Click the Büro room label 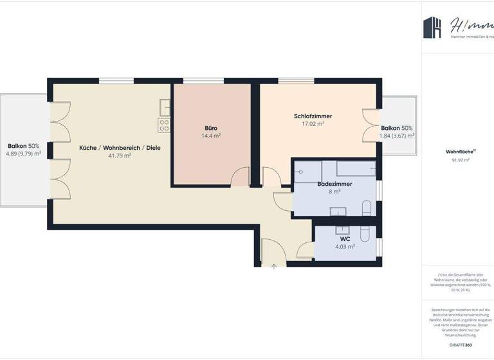[x=211, y=128]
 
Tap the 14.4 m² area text [x=211, y=136]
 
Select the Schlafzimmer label [x=313, y=116]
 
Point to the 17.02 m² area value [x=313, y=124]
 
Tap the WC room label [x=345, y=239]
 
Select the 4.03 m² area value [x=345, y=246]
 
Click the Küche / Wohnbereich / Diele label [x=120, y=148]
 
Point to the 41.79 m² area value [x=120, y=156]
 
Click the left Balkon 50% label [x=23, y=146]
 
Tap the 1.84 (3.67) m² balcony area [x=397, y=136]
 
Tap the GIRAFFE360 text [x=461, y=345]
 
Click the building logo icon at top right [x=432, y=28]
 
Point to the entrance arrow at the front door [x=274, y=266]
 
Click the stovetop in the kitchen [x=165, y=125]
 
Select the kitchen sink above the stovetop [x=165, y=107]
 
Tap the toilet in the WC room [x=367, y=233]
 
